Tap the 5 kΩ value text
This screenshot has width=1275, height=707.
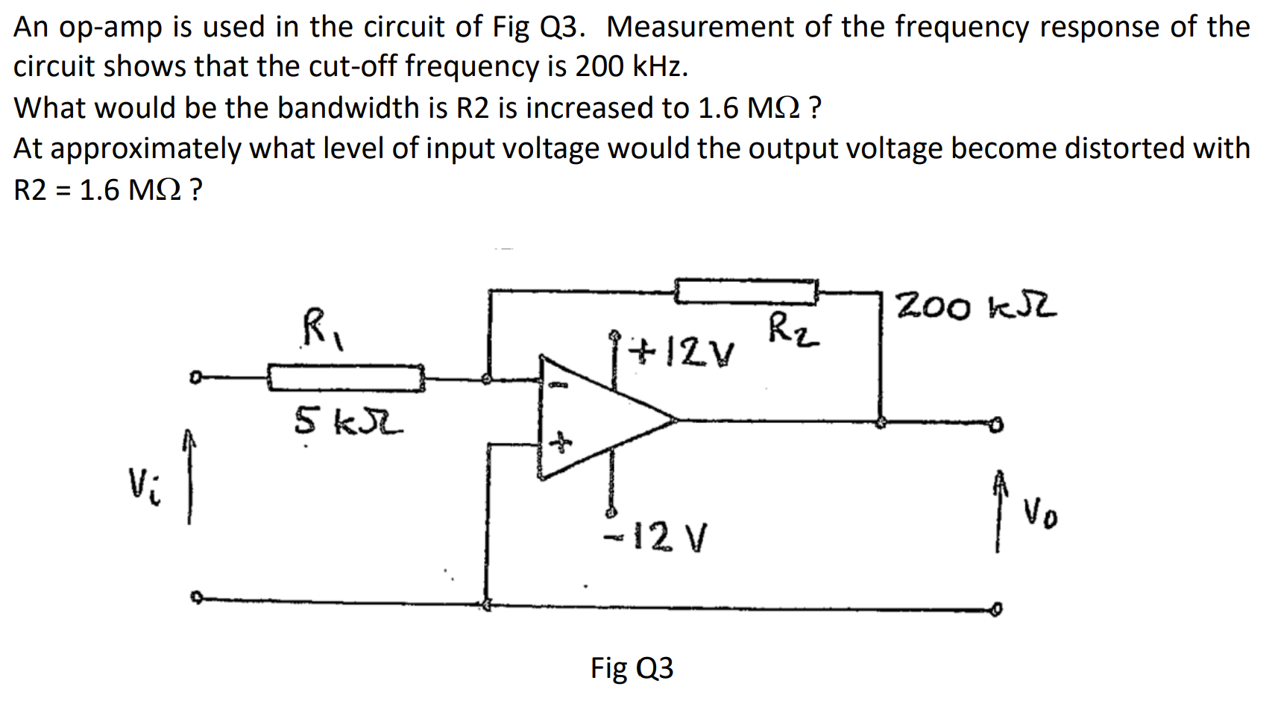[x=347, y=422]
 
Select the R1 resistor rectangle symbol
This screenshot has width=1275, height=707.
[x=346, y=378]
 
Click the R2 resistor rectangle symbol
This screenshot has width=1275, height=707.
[x=746, y=292]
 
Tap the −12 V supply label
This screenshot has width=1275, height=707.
[x=656, y=535]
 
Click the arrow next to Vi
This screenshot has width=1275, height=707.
[x=189, y=477]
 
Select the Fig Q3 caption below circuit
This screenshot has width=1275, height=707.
[x=632, y=667]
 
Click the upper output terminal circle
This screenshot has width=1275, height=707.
[x=996, y=425]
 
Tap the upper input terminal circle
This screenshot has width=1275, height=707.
[x=194, y=379]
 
